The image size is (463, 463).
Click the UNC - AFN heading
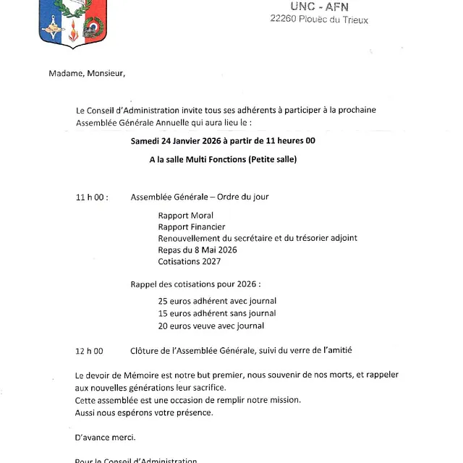pos(318,7)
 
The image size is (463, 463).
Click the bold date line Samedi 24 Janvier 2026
pos(228,140)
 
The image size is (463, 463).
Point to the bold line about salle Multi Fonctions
pos(228,159)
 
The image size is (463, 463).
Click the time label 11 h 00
pos(91,197)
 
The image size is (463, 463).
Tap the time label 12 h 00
pos(90,351)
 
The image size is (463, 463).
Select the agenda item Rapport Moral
pos(186,216)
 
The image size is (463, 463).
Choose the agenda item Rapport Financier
pos(192,227)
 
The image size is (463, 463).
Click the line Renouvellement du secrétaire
pos(258,238)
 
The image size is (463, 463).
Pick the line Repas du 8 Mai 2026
pos(197,250)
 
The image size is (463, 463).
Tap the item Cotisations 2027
pos(190,261)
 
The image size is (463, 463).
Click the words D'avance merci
pos(105,438)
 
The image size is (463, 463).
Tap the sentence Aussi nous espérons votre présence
pos(144,412)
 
